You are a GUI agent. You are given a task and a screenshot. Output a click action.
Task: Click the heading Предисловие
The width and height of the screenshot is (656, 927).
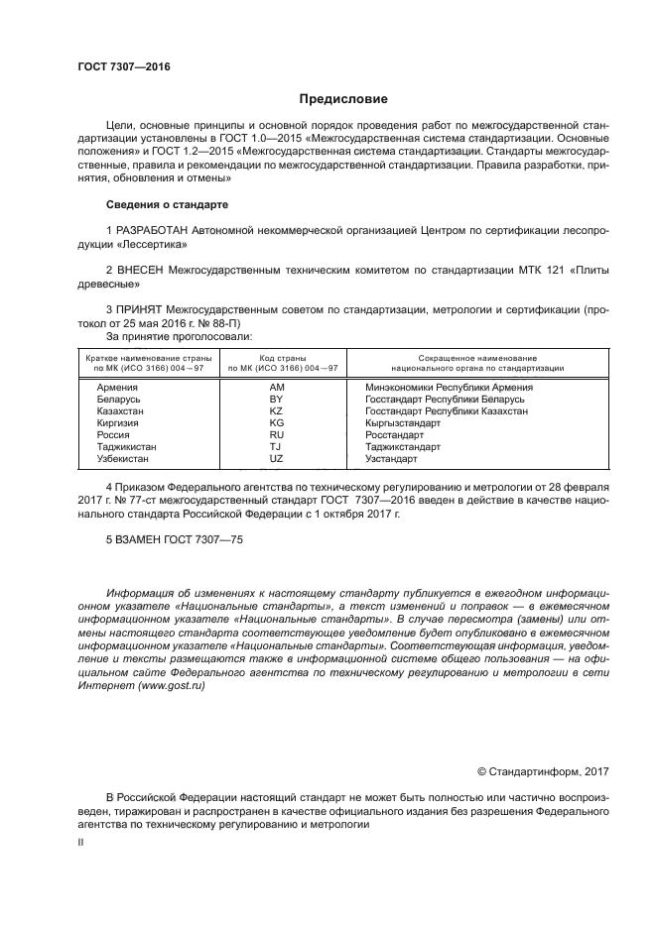coord(343,99)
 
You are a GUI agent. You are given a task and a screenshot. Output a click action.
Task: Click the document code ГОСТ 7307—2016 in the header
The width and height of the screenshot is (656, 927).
coord(124,66)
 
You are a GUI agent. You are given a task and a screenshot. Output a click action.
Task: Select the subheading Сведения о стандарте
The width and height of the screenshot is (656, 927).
coord(167,204)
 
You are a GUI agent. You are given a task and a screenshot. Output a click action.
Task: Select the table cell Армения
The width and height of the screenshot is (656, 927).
coord(117,387)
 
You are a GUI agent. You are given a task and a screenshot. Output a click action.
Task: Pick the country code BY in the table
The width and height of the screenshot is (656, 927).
coord(277,399)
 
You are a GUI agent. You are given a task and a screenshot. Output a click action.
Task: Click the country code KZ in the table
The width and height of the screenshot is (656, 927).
coord(277,410)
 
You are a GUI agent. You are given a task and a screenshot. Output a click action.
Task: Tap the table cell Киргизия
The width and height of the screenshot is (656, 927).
coord(117,422)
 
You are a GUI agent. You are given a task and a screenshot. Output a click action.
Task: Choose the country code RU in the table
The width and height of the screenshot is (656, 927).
coord(277,434)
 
